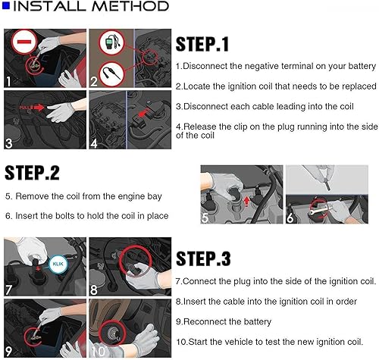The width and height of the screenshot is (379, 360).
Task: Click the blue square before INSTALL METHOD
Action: (5, 6)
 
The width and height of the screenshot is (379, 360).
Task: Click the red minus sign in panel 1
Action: (24, 42)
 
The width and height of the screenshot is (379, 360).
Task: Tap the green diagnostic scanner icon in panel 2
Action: (110, 42)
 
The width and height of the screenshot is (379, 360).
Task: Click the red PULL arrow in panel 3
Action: (32, 108)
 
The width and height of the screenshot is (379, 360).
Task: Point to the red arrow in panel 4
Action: (143, 112)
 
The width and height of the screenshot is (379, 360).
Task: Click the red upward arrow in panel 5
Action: (246, 202)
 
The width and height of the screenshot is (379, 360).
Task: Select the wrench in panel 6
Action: (319, 210)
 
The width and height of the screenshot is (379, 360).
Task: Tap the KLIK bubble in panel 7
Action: (58, 265)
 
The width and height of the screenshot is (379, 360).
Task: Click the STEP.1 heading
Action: (202, 44)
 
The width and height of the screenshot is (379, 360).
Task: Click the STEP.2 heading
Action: (32, 173)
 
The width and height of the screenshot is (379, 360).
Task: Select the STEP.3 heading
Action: (203, 258)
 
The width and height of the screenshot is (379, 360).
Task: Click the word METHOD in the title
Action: (130, 6)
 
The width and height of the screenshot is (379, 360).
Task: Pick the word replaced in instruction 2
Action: (359, 86)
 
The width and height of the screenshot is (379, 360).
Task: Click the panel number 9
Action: (8, 351)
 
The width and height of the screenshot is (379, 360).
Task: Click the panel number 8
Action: (93, 290)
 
